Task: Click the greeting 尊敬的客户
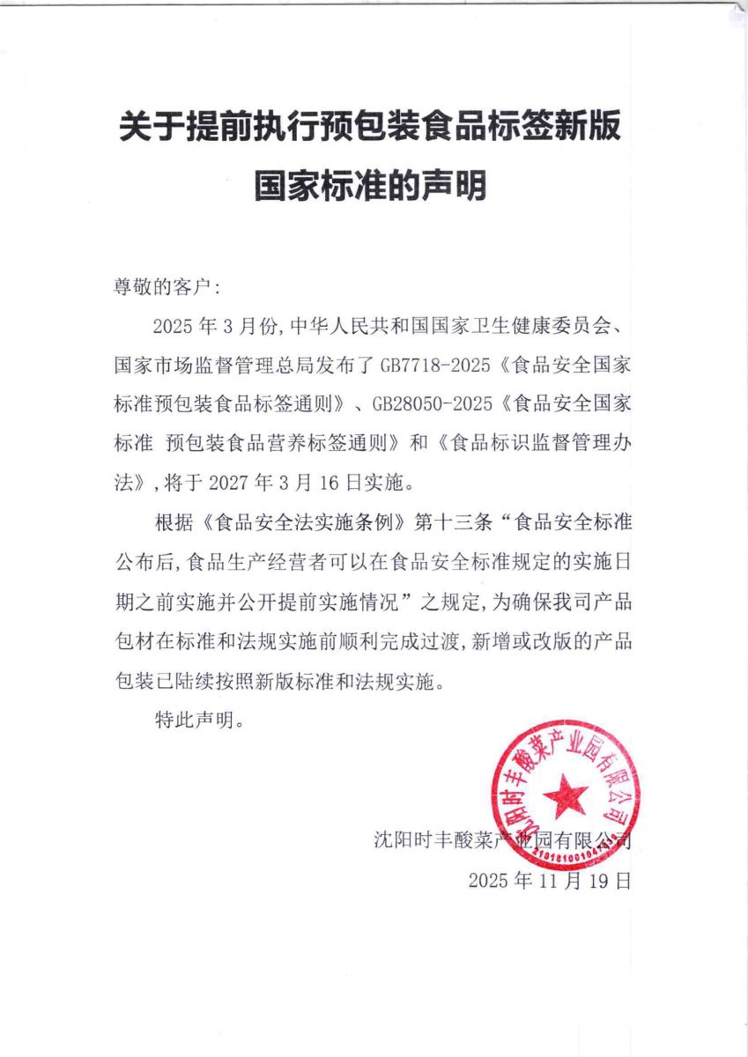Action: (x=155, y=286)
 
